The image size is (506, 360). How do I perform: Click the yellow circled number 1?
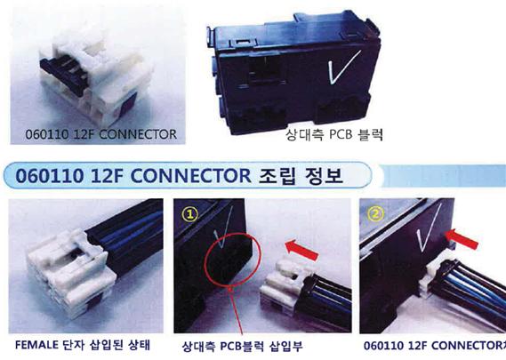click(x=190, y=214)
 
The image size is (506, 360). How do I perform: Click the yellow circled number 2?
click(x=375, y=213)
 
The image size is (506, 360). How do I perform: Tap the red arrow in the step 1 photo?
click(x=302, y=250)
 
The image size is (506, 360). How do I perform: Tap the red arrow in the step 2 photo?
click(x=462, y=239)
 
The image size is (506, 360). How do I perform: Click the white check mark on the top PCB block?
click(x=343, y=68)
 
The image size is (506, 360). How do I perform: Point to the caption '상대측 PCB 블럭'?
click(x=334, y=134)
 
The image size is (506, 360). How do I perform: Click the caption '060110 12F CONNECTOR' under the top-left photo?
click(x=101, y=134)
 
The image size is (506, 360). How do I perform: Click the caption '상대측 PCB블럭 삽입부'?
click(x=243, y=347)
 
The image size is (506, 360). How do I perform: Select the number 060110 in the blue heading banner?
click(x=50, y=176)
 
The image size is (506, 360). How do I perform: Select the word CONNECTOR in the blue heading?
click(x=190, y=176)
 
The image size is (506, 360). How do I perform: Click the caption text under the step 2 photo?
click(x=435, y=346)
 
